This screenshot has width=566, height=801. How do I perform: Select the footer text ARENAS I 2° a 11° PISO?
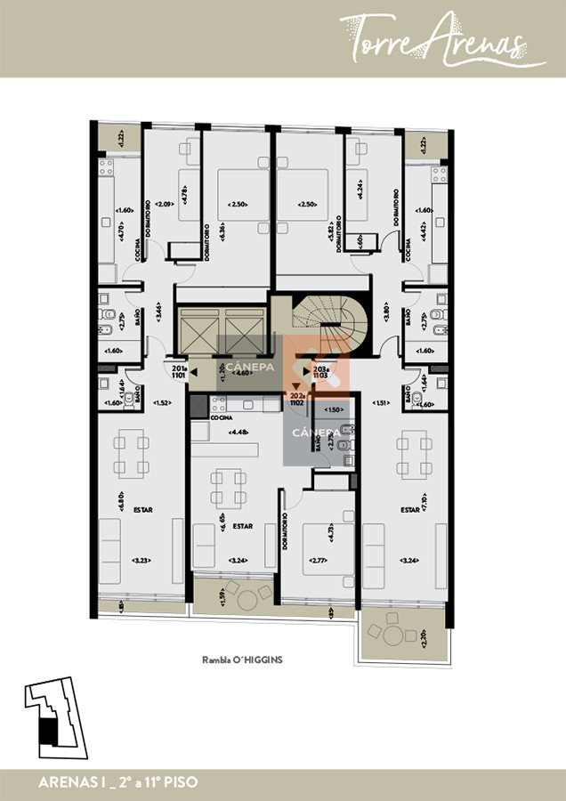coord(118,782)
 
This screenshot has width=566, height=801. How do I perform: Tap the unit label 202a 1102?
coord(296,400)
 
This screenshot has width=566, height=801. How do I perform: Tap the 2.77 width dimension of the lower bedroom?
coord(319,560)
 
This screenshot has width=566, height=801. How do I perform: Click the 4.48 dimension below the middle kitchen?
coord(237,433)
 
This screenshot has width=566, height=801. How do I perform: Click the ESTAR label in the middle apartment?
coord(242,526)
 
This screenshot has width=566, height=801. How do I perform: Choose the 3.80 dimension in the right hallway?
coord(385,314)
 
